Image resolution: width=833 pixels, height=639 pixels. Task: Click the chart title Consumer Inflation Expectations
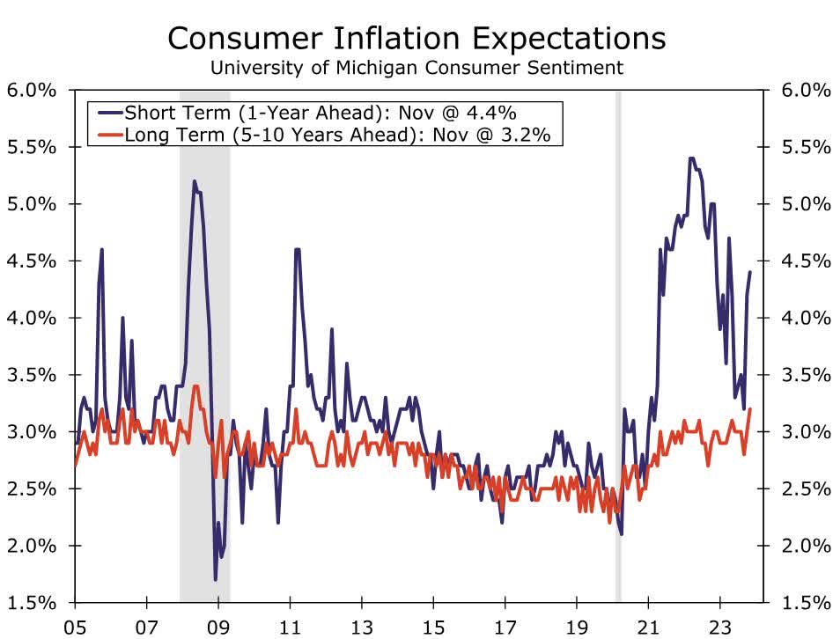(416, 38)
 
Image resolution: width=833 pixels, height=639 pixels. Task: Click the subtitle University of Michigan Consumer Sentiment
(416, 67)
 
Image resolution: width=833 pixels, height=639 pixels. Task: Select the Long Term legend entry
(327, 135)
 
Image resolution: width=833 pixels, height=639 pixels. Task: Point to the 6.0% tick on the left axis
(33, 91)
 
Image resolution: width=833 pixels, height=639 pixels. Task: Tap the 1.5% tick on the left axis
(33, 603)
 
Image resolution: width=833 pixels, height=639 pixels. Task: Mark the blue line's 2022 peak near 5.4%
(691, 159)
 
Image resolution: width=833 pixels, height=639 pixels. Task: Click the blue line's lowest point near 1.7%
(216, 579)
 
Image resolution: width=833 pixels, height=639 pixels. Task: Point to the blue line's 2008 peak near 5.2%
(194, 182)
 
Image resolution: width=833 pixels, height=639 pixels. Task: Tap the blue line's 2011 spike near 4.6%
(297, 250)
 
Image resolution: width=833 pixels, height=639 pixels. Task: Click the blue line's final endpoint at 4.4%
(750, 272)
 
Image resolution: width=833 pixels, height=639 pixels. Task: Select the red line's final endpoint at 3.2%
(750, 409)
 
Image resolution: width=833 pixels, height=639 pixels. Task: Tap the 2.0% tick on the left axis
(33, 546)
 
